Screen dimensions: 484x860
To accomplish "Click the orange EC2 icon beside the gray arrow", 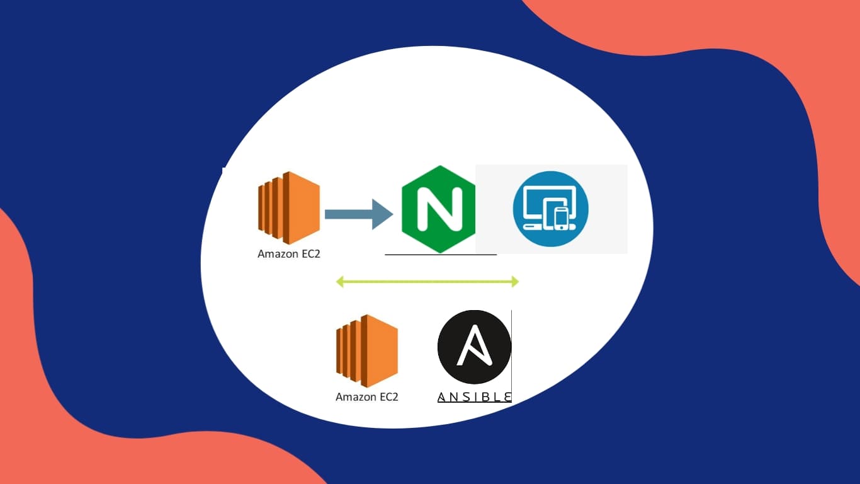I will (x=288, y=208).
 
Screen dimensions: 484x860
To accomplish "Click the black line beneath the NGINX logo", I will (x=441, y=255).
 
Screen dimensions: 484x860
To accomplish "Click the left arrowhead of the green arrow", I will (x=340, y=282).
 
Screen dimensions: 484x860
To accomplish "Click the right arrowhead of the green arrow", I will (x=515, y=282).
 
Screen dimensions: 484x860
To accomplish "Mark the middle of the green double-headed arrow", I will (x=427, y=282).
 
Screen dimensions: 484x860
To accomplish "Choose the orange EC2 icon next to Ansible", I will (x=366, y=350).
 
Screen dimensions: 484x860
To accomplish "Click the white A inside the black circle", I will (x=474, y=346).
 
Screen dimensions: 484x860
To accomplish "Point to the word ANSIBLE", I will (x=474, y=396).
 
